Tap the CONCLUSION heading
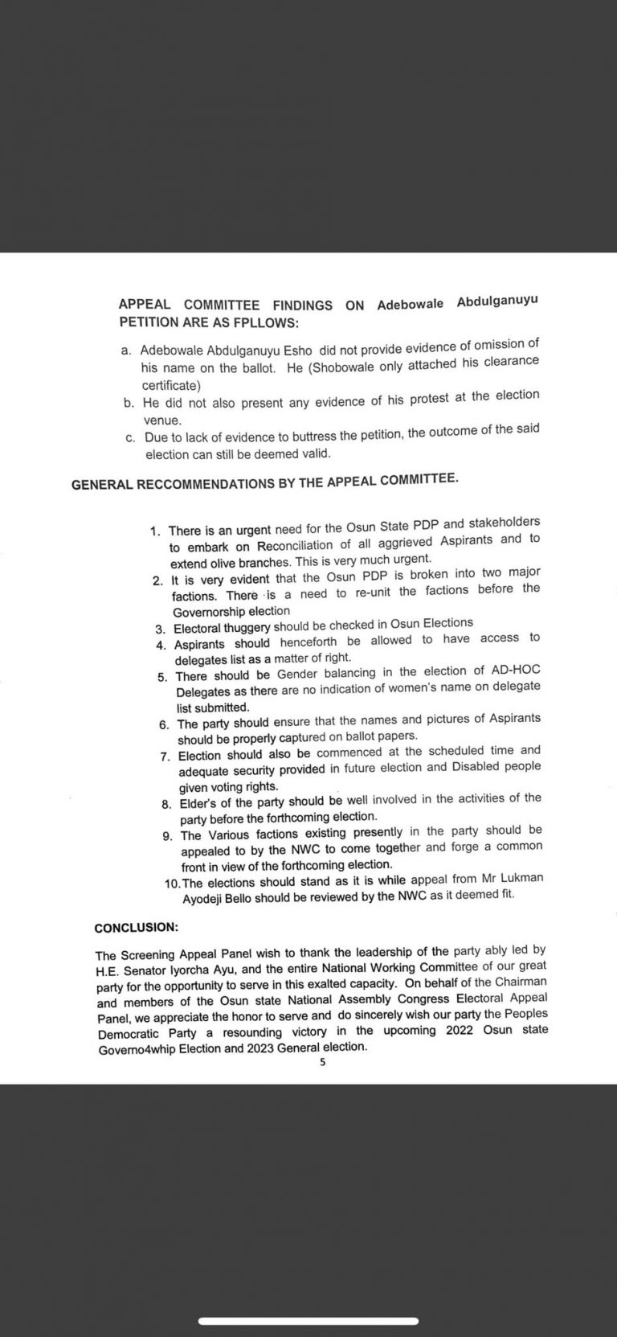point(136,927)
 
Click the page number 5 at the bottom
point(322,1061)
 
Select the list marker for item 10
point(172,883)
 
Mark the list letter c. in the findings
point(130,437)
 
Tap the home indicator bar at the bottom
point(308,1321)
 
